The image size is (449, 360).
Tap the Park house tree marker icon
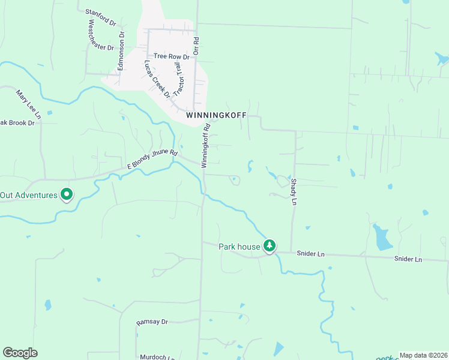pyautogui.click(x=270, y=245)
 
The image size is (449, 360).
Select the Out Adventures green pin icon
pyautogui.click(x=67, y=194)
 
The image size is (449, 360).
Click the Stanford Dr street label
pyautogui.click(x=100, y=16)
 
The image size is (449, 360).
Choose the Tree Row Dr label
pyautogui.click(x=172, y=56)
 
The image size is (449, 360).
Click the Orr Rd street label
pyautogui.click(x=196, y=47)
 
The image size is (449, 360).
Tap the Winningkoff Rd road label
pyautogui.click(x=205, y=145)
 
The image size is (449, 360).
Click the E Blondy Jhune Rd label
pyautogui.click(x=152, y=158)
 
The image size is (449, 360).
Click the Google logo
pyautogui.click(x=20, y=353)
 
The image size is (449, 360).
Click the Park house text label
pyautogui.click(x=239, y=246)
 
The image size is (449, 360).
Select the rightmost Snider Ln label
pyautogui.click(x=408, y=259)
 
